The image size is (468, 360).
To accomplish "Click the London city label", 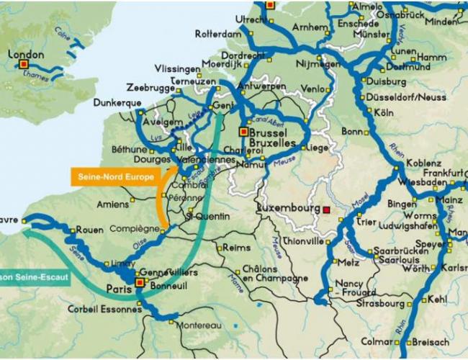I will pyautogui.click(x=26, y=55).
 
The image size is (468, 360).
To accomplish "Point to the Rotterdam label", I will pyautogui.click(x=217, y=34).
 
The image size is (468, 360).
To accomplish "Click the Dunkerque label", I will pyautogui.click(x=117, y=103).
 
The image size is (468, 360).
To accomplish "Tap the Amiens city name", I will pyautogui.click(x=113, y=204).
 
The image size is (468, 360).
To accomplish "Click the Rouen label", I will pyautogui.click(x=90, y=230).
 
